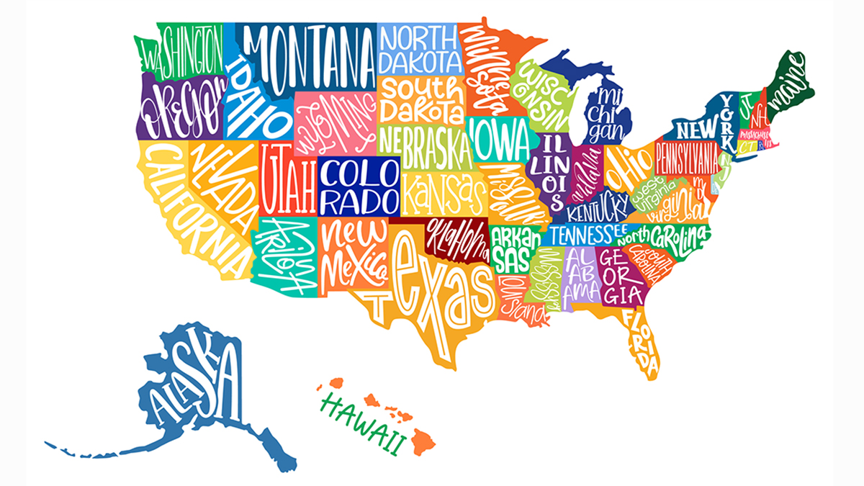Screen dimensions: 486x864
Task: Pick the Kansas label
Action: (x=441, y=191)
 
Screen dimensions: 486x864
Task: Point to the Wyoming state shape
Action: (x=337, y=119)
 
